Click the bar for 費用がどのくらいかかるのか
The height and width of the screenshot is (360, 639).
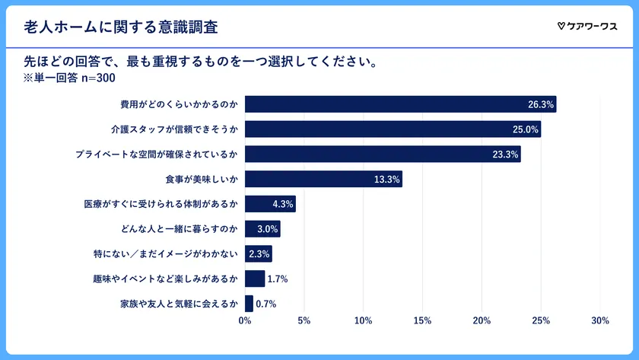400,104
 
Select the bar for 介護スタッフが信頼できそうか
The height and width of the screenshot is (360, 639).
393,129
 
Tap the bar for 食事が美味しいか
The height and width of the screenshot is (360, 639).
323,180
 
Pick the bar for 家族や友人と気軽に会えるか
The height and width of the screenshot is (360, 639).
249,304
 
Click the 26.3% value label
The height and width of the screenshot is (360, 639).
541,104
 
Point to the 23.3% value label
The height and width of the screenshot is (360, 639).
506,155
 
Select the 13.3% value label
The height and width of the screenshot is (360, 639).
387,180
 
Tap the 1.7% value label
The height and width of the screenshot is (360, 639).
278,279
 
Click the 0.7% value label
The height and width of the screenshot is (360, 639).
265,304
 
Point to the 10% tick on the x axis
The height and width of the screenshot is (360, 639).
363,321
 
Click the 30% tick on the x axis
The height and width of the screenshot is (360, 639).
599,321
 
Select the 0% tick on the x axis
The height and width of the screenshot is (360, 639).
245,321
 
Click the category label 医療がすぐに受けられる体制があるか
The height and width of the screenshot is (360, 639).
161,205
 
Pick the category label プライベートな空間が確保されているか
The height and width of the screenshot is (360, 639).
157,155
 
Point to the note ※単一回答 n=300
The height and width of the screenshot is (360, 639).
69,77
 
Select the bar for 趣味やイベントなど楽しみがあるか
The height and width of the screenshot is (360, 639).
255,279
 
